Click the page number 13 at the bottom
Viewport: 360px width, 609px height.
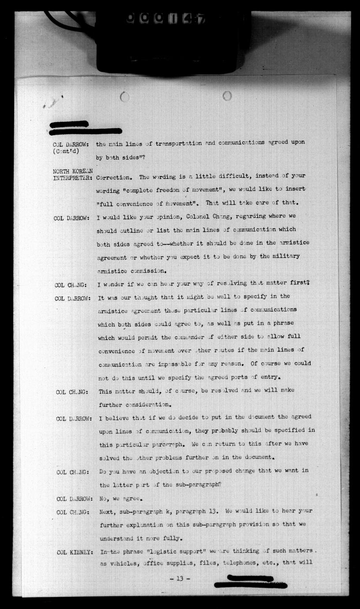pyautogui.click(x=179, y=579)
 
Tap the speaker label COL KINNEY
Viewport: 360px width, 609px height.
pyautogui.click(x=74, y=552)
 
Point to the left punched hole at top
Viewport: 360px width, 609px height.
pyautogui.click(x=125, y=97)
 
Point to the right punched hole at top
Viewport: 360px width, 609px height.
pyautogui.click(x=227, y=95)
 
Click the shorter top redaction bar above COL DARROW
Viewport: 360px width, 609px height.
pyautogui.click(x=69, y=124)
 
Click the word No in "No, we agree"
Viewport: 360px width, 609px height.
pyautogui.click(x=104, y=499)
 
